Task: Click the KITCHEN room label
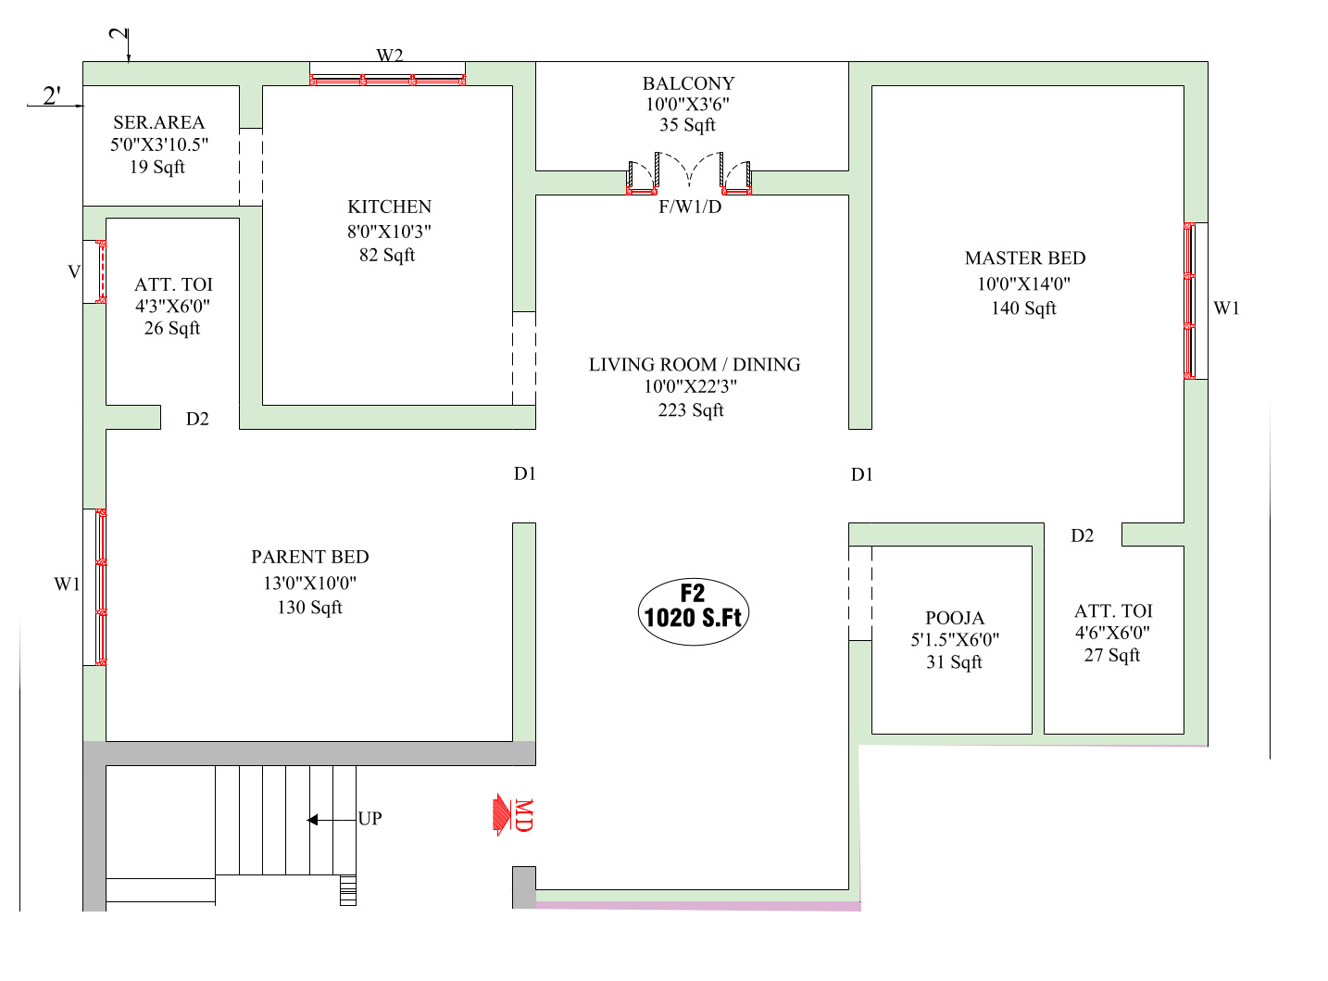click(389, 207)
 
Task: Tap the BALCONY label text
click(688, 83)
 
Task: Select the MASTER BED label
click(1024, 258)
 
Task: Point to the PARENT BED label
click(309, 557)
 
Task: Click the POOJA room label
click(955, 618)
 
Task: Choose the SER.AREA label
click(159, 122)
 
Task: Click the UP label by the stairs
click(370, 819)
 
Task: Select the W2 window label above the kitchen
click(389, 56)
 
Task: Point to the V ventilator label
click(74, 272)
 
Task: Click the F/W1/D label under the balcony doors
click(690, 207)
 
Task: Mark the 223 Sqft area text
click(691, 410)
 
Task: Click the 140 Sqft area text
click(1023, 308)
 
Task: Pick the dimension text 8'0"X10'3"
click(389, 232)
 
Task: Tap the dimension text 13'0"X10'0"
click(309, 583)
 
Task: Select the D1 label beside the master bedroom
click(862, 475)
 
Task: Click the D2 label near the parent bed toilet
click(197, 420)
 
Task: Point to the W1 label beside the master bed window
click(1226, 308)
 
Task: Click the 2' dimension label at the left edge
click(52, 95)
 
